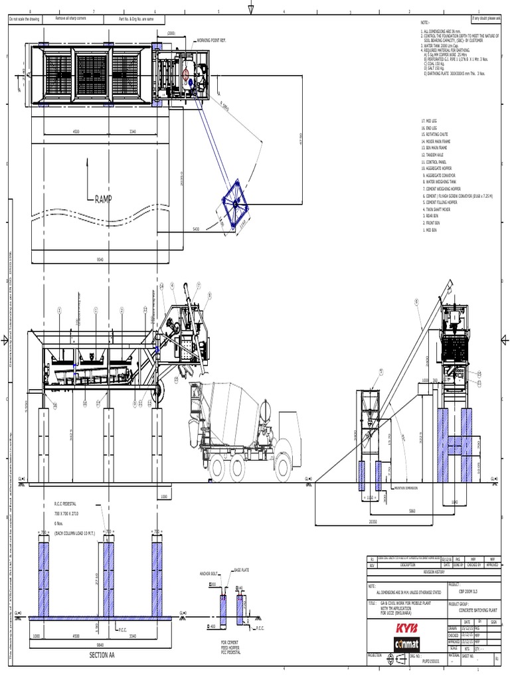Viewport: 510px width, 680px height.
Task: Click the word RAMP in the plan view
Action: point(104,199)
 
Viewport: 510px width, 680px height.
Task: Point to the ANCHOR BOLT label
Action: point(209,572)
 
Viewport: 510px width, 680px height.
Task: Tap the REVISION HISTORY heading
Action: point(433,570)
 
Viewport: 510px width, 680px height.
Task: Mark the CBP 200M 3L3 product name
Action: point(472,589)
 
